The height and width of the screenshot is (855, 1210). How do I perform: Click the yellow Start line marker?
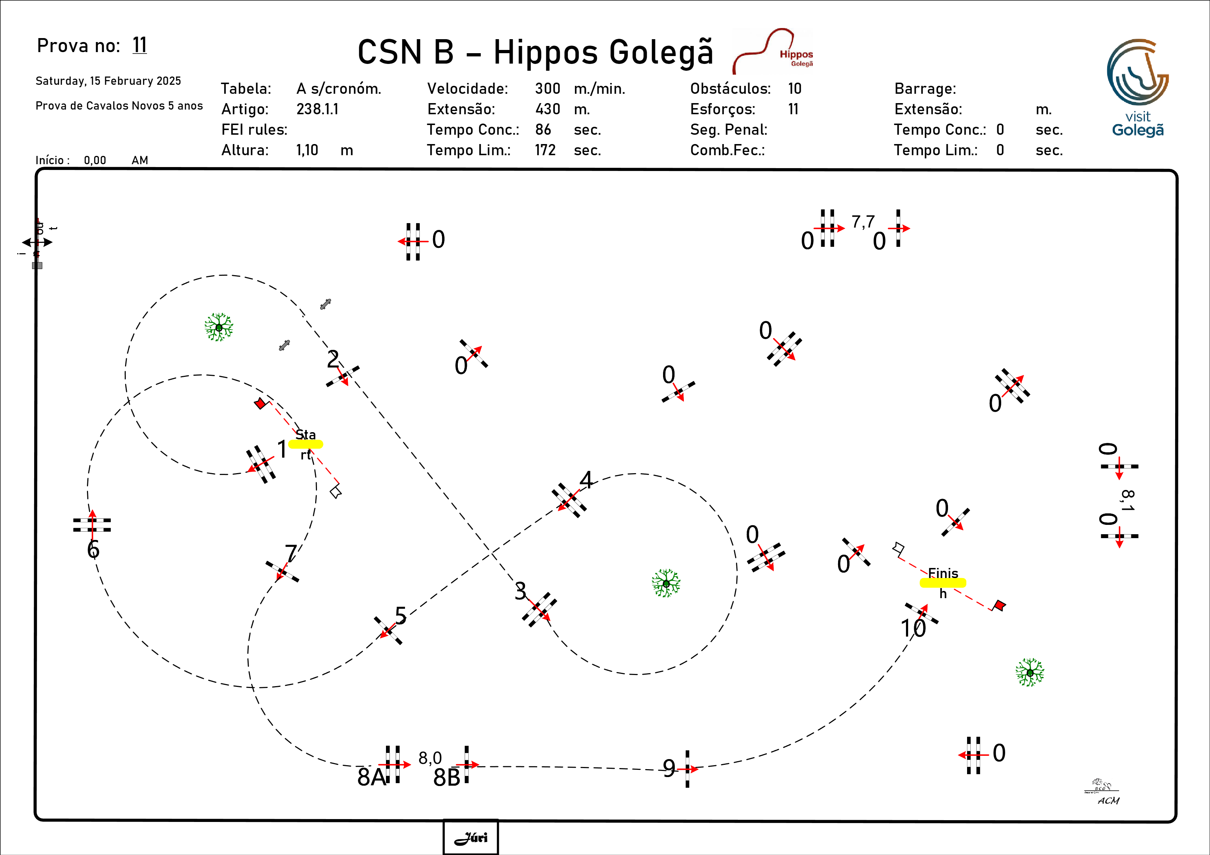click(306, 444)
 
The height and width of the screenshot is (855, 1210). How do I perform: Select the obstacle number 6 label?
click(93, 549)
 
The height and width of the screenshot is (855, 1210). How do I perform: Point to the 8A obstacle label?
click(371, 777)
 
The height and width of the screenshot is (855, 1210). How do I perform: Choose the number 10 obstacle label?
click(913, 628)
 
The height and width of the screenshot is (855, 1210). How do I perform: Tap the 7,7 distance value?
click(863, 222)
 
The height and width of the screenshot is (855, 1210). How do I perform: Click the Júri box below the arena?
click(471, 837)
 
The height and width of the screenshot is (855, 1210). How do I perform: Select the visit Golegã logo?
click(1137, 87)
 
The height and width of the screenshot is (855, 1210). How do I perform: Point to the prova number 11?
click(140, 45)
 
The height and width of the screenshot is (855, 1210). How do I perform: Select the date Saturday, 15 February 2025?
click(108, 80)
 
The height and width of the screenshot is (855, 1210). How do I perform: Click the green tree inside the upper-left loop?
click(219, 327)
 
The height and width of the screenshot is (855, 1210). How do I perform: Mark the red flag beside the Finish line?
click(999, 605)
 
